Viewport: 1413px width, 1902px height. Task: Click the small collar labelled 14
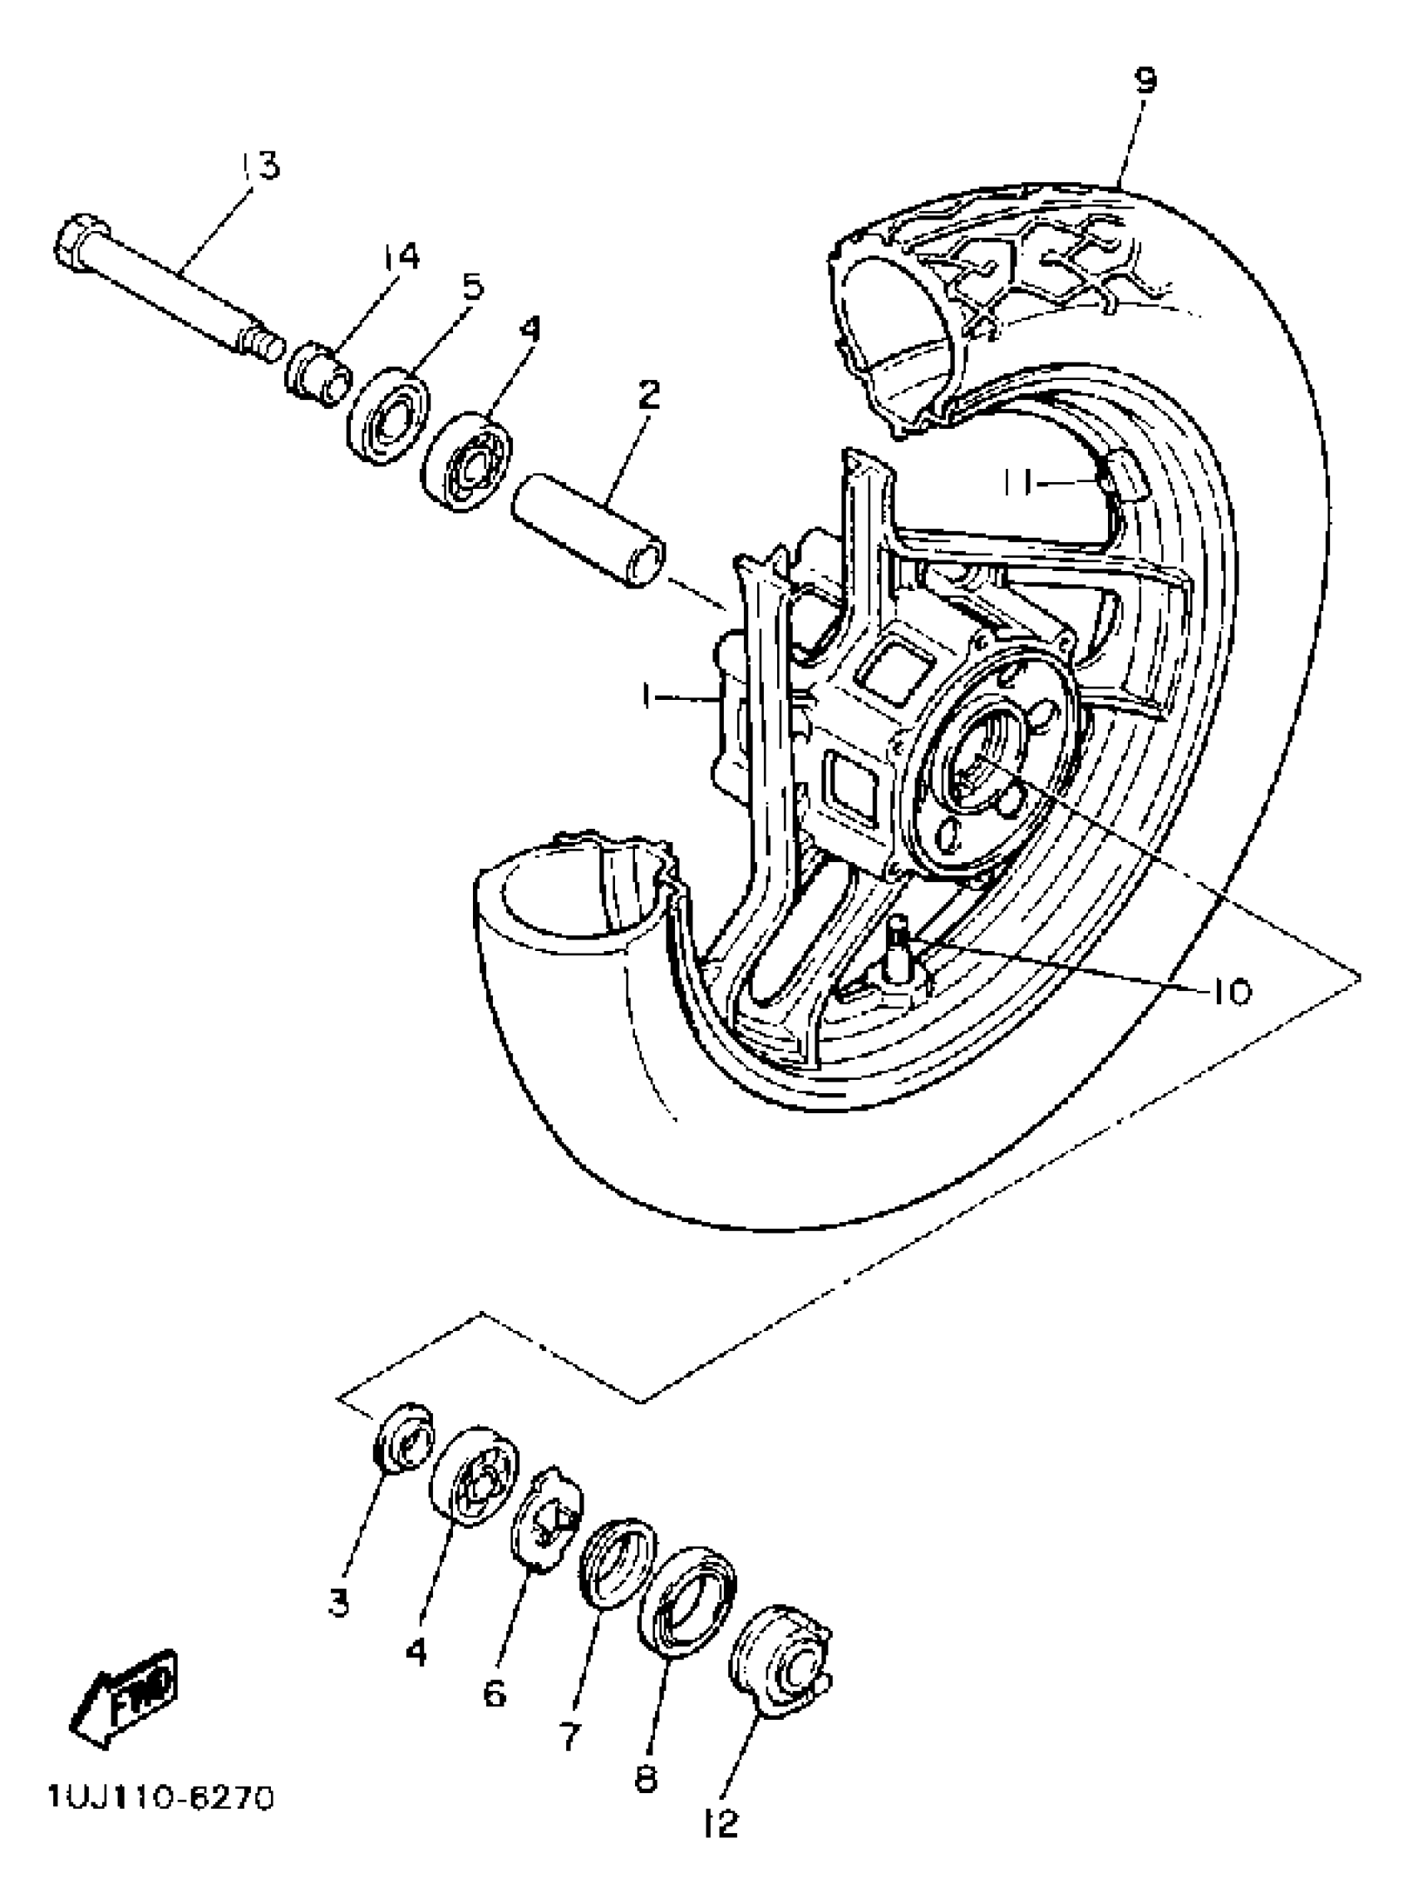(x=318, y=375)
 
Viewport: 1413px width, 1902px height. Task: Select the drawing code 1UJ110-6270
(x=161, y=1797)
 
